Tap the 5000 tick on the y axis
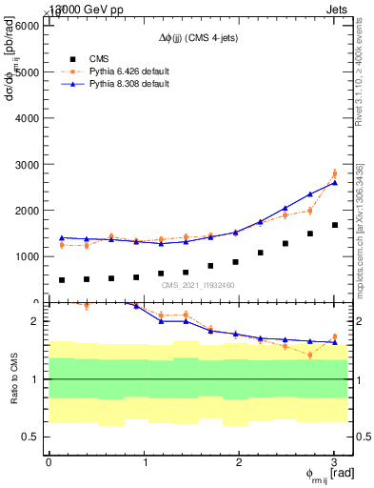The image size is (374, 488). [26, 71]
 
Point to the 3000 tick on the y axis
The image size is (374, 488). [26, 164]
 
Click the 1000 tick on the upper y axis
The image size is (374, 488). [26, 256]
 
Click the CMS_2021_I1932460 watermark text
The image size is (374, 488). [197, 285]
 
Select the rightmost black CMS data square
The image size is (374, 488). [334, 225]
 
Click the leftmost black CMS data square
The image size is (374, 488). [62, 280]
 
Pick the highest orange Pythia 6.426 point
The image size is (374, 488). [334, 173]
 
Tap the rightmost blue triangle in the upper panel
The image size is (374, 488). [334, 182]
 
